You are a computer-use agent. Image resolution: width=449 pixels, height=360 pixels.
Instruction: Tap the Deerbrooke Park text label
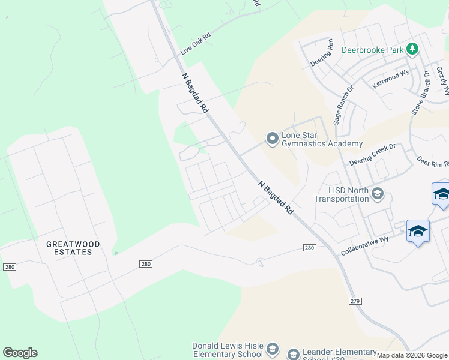coord(372,50)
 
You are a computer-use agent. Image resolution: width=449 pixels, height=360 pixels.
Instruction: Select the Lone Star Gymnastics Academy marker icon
coord(273,139)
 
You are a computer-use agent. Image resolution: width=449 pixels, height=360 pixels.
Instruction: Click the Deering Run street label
coord(321,53)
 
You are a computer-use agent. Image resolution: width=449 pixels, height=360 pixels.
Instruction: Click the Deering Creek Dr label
coord(373,154)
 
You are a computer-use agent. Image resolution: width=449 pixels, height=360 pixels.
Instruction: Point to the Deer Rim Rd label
coord(433,163)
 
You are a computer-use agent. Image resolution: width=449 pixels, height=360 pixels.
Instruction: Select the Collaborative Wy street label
coord(365,247)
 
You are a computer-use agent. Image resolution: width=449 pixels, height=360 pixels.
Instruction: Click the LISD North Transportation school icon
coord(378,193)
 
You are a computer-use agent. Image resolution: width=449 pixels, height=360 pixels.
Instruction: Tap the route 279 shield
coord(358,301)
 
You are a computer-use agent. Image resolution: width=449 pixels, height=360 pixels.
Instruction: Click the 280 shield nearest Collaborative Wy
coord(309,247)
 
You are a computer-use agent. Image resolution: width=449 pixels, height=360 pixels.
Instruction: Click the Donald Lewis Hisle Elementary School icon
coord(273,349)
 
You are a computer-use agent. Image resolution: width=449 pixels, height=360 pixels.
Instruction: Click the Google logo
coord(20,353)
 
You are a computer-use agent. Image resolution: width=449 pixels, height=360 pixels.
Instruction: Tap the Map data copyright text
coord(412,355)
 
